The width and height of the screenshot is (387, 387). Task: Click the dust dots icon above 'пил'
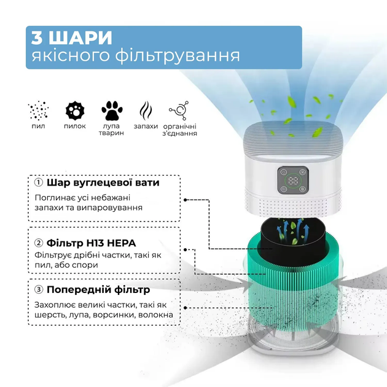pos(38,111)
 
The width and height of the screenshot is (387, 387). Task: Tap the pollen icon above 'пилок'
pos(75,111)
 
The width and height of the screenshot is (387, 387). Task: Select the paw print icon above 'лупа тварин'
pos(112,111)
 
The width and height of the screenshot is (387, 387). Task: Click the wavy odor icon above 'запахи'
pos(146,111)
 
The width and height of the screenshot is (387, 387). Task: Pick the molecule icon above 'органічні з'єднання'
pos(179,111)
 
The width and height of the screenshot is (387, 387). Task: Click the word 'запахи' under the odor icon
pos(146,127)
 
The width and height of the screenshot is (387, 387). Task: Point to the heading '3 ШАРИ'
pos(72,37)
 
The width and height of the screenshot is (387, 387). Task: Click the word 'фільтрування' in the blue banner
pos(178,55)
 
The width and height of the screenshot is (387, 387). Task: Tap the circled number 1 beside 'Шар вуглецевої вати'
pos(38,182)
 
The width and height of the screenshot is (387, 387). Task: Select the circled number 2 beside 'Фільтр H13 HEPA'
pos(39,243)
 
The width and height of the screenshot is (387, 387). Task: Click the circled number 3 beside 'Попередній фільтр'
pos(39,289)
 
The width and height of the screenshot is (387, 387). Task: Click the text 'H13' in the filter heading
pos(95,243)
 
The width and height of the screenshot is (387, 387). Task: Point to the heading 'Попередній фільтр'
pos(98,289)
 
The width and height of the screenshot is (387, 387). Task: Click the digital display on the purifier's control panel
pos(293,181)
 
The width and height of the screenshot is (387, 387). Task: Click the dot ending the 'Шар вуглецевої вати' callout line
pos(186,200)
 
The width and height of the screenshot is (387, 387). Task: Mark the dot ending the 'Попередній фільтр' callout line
pos(186,308)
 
